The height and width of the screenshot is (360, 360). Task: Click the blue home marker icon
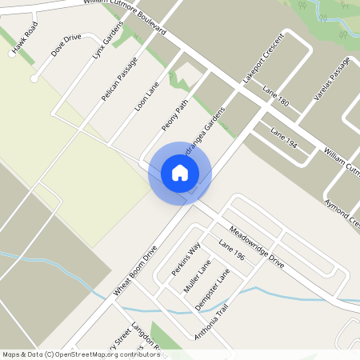click(x=180, y=173)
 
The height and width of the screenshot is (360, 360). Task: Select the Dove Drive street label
click(x=66, y=46)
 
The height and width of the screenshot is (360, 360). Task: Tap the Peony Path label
click(x=174, y=114)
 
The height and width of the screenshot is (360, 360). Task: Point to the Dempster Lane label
click(x=212, y=290)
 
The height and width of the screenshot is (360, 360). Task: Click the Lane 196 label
click(x=230, y=252)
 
